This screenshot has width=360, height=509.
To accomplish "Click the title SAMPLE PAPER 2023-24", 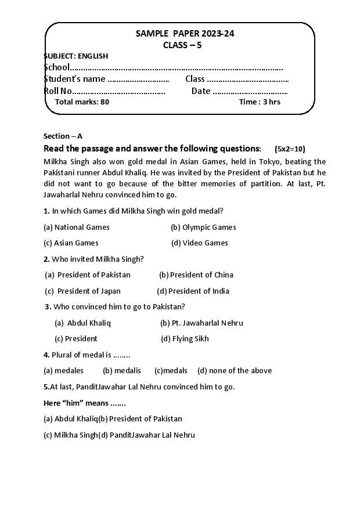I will point(185,34).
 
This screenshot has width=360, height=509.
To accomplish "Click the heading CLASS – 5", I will point(182,45).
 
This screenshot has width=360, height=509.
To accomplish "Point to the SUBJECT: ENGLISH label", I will point(76,56).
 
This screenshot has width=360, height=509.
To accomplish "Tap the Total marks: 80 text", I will point(82,102).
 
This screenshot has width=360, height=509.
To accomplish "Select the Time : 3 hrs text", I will point(260,102).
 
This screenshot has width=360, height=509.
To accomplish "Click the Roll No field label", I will point(58,91).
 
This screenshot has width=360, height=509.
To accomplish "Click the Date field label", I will point(201,91).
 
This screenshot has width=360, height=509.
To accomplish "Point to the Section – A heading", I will point(63,136).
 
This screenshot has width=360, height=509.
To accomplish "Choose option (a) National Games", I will point(77,227).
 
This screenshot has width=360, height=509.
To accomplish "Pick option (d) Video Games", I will point(199,243).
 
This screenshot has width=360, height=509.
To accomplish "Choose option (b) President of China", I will point(196,275).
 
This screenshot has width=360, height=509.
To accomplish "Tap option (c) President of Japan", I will point(83,291).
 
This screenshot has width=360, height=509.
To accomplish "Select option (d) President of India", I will point(193,291).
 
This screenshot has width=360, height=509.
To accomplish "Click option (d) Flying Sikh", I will point(185,338).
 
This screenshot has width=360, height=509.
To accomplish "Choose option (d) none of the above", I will point(234,370).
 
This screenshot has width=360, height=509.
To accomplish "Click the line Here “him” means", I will point(84,402).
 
